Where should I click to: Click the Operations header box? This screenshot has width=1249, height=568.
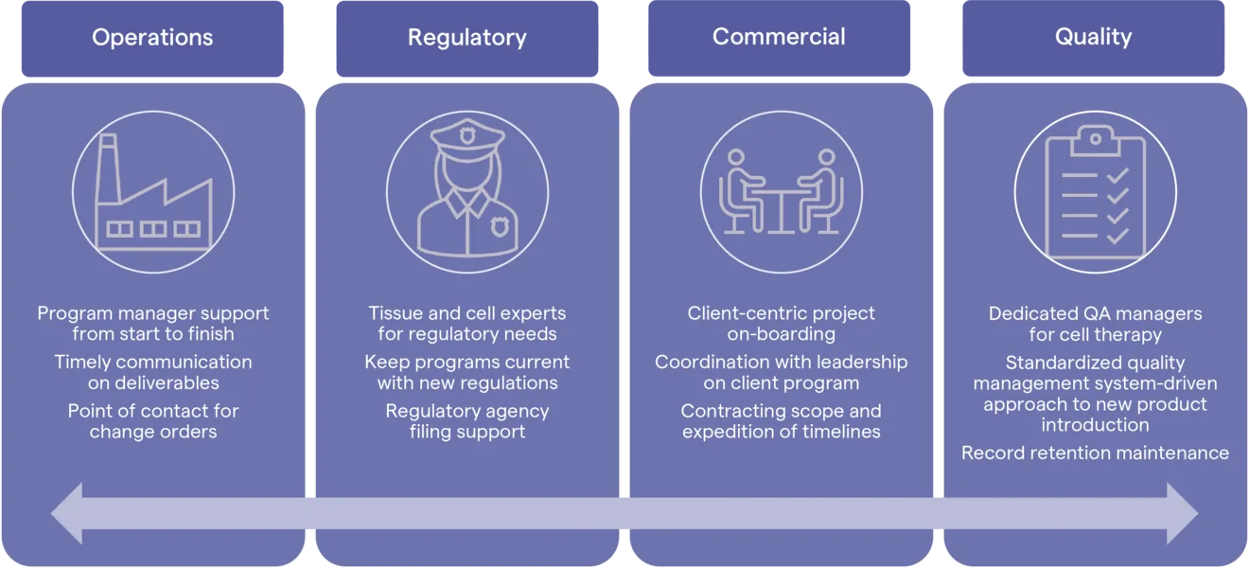pyautogui.click(x=152, y=38)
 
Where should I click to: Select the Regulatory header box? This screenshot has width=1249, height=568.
pyautogui.click(x=467, y=38)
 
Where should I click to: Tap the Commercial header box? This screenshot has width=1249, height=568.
pyautogui.click(x=779, y=38)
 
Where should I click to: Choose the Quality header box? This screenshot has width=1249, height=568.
pyautogui.click(x=1094, y=38)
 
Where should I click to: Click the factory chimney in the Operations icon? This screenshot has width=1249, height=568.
pyautogui.click(x=108, y=168)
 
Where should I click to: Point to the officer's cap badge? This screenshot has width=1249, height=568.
pyautogui.click(x=467, y=135)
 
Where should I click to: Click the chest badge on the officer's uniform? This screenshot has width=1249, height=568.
pyautogui.click(x=500, y=226)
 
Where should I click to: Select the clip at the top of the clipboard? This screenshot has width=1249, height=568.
pyautogui.click(x=1095, y=140)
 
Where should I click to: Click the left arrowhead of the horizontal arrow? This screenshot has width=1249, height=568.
pyautogui.click(x=67, y=513)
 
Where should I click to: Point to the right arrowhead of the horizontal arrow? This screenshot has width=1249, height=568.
pyautogui.click(x=1182, y=513)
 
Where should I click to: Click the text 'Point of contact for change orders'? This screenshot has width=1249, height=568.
pyautogui.click(x=153, y=421)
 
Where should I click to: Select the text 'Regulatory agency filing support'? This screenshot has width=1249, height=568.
pyautogui.click(x=467, y=421)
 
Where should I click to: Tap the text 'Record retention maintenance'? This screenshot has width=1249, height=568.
pyautogui.click(x=1095, y=453)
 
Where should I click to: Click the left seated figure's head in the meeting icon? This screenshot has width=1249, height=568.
pyautogui.click(x=736, y=157)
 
